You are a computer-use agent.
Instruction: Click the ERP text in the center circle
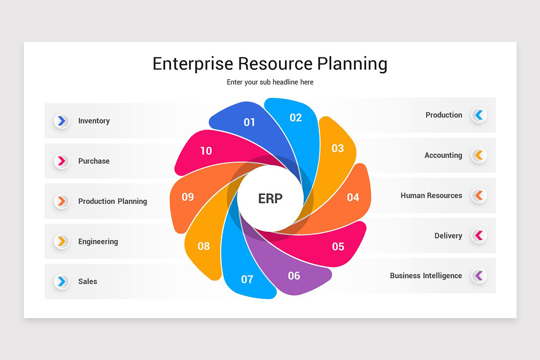click(270, 198)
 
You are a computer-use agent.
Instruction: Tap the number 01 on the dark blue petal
click(249, 122)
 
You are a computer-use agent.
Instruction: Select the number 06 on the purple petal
click(294, 275)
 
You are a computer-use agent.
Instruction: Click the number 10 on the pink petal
click(206, 151)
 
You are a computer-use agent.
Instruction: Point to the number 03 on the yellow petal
click(337, 148)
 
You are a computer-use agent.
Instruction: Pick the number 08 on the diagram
click(204, 246)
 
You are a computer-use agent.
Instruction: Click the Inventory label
click(94, 121)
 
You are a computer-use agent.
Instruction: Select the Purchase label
click(94, 161)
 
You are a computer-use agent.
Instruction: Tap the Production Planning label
click(112, 201)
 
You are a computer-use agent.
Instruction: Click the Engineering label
click(98, 241)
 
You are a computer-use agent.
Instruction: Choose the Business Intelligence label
click(426, 275)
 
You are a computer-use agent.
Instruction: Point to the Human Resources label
click(431, 195)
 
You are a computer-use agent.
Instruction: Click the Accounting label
click(443, 155)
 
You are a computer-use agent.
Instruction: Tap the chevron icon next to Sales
click(62, 281)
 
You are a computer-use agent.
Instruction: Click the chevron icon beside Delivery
click(479, 235)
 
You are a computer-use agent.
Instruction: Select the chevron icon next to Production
click(479, 115)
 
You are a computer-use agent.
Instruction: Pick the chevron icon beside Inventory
click(62, 121)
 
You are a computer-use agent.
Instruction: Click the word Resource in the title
click(275, 63)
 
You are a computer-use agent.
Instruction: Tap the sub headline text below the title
click(270, 82)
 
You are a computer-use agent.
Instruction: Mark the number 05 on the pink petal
click(338, 246)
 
